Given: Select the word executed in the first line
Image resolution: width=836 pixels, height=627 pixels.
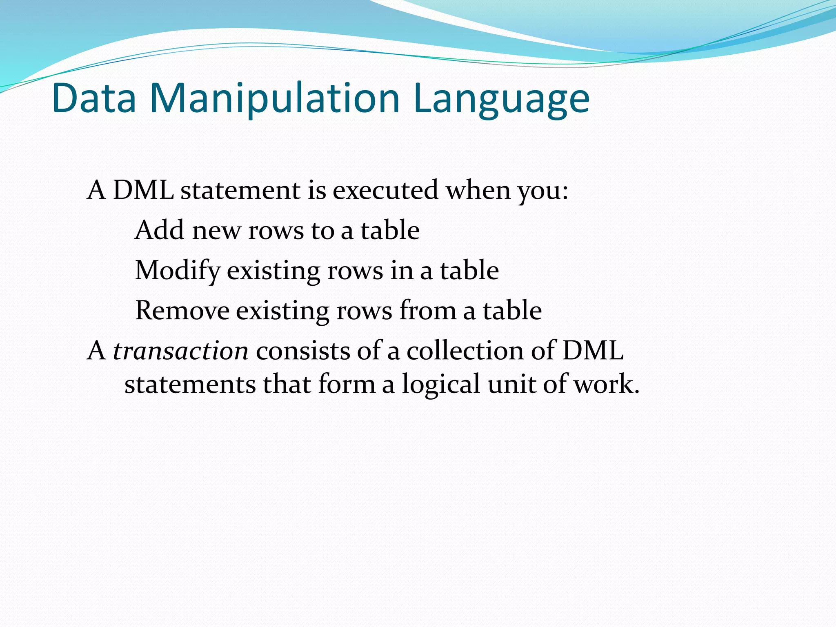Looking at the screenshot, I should pyautogui.click(x=385, y=190).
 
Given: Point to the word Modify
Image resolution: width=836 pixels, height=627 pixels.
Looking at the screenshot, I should pyautogui.click(x=177, y=271).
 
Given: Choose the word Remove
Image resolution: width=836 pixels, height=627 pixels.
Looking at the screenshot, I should pyautogui.click(x=182, y=311).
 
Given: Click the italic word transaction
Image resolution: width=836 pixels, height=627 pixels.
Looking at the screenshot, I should pyautogui.click(x=180, y=351).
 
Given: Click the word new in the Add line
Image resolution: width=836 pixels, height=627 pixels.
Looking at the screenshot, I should pyautogui.click(x=216, y=231).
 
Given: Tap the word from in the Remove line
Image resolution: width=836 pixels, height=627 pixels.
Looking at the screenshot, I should pyautogui.click(x=427, y=311).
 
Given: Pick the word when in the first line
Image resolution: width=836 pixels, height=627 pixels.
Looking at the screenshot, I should pyautogui.click(x=478, y=190).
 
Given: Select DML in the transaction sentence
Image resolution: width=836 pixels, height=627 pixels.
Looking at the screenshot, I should pyautogui.click(x=593, y=351).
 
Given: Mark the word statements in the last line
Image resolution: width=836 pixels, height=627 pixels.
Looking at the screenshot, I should pyautogui.click(x=190, y=385).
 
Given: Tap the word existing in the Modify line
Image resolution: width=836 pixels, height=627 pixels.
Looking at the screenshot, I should pyautogui.click(x=273, y=271).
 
